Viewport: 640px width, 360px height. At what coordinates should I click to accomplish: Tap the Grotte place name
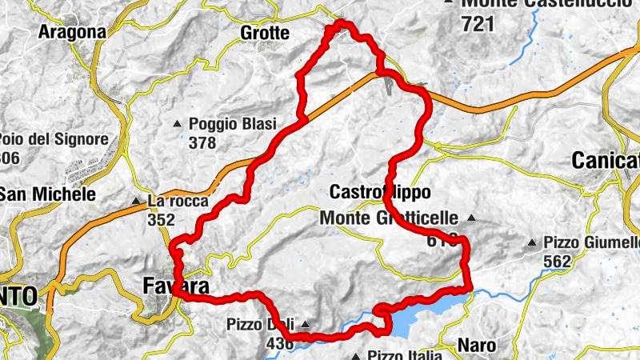click(264, 33)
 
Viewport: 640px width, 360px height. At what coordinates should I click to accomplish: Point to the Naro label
click(477, 346)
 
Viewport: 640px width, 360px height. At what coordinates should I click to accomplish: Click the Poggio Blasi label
click(232, 124)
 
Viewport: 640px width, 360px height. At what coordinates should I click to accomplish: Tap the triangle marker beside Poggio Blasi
click(178, 123)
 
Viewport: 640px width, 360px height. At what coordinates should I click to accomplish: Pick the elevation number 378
click(203, 143)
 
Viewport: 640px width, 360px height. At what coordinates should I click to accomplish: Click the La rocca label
click(172, 200)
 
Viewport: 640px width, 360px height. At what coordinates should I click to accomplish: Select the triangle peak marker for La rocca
click(137, 200)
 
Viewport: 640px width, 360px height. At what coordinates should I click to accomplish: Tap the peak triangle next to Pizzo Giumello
click(532, 241)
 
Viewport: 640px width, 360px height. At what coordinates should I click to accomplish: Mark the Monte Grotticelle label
click(388, 218)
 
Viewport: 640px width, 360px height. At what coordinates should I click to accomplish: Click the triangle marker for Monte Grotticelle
click(471, 217)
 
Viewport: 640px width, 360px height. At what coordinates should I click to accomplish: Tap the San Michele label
click(48, 194)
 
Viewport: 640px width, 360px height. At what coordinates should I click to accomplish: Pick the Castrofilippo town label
click(380, 193)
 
